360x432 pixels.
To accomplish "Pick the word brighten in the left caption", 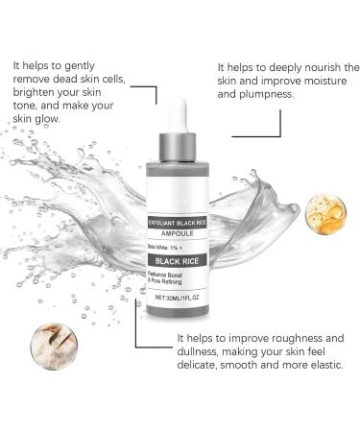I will (x=35, y=91).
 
